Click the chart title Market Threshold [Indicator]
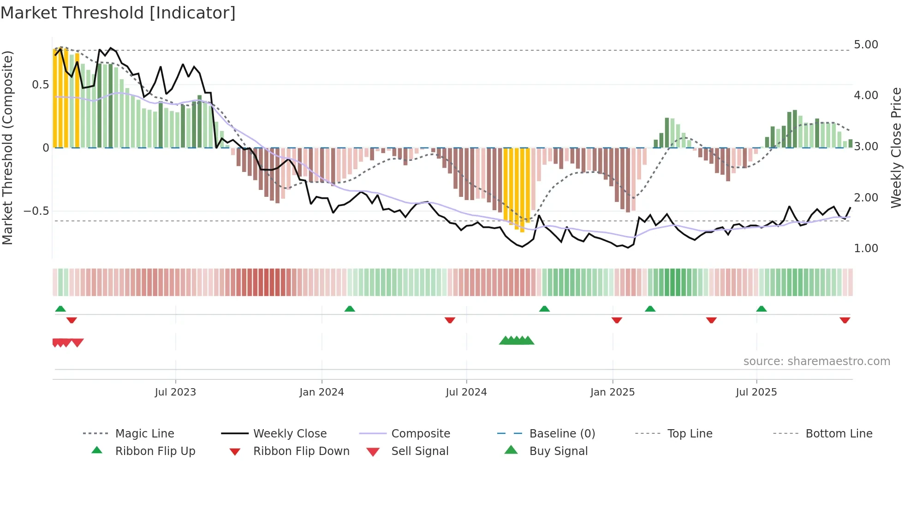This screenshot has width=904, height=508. click(118, 13)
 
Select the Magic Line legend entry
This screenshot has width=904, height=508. click(144, 434)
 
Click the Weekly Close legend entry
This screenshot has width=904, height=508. click(290, 434)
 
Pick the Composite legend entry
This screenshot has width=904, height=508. click(420, 434)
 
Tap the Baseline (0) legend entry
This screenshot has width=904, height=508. click(562, 434)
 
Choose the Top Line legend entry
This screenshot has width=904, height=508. click(690, 434)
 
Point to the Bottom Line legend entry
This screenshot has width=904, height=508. click(839, 434)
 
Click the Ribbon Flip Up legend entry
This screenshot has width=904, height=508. click(155, 451)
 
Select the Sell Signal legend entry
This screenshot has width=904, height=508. click(419, 451)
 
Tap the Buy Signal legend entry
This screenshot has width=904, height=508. click(558, 451)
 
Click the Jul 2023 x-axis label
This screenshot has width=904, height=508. click(175, 392)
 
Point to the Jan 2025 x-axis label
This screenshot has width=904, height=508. click(613, 392)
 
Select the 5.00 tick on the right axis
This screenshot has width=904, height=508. click(866, 45)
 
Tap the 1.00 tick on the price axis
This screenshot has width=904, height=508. click(866, 248)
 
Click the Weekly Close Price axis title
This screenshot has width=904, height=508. click(896, 148)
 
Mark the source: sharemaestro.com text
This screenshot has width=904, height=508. click(816, 361)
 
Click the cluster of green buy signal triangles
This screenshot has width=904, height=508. click(517, 341)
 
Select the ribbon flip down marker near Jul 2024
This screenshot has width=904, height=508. click(450, 320)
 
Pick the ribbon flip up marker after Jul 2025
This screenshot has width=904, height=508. click(761, 309)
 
